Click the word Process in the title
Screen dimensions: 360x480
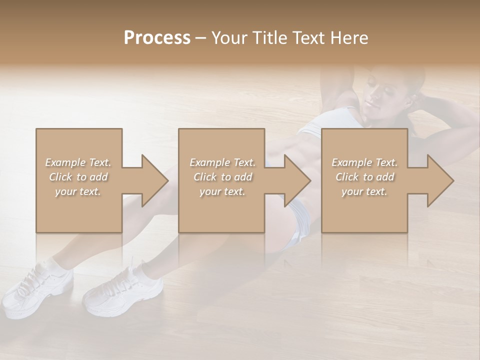tap(157, 38)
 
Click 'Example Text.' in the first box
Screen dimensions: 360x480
tap(78, 162)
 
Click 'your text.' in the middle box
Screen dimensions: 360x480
tap(222, 191)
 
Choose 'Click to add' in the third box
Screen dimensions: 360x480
tap(364, 177)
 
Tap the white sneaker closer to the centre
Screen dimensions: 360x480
tap(125, 290)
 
